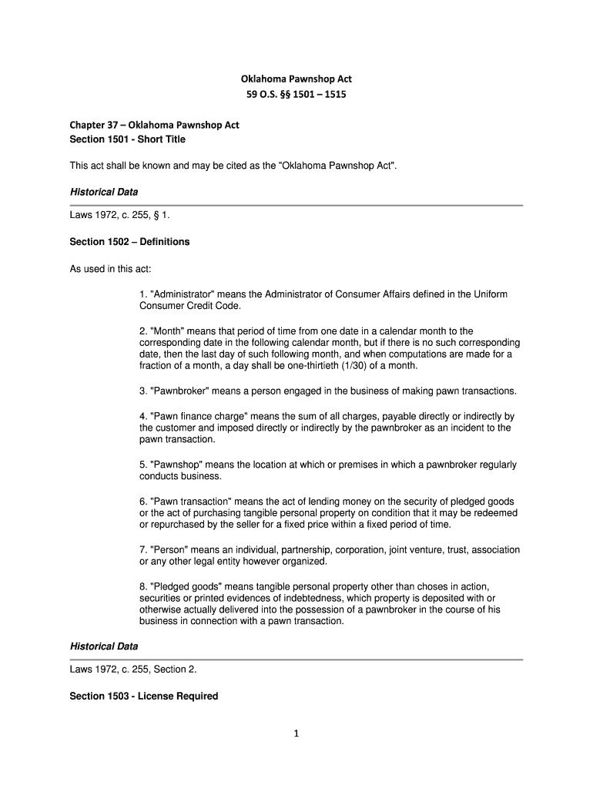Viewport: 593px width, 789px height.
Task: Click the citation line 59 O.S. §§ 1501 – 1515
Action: pyautogui.click(x=296, y=96)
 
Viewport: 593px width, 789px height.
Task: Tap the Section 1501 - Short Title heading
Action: pyautogui.click(x=128, y=139)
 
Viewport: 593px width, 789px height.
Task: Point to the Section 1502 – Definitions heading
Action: pyautogui.click(x=129, y=242)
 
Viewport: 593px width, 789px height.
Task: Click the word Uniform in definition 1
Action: pyautogui.click(x=487, y=295)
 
